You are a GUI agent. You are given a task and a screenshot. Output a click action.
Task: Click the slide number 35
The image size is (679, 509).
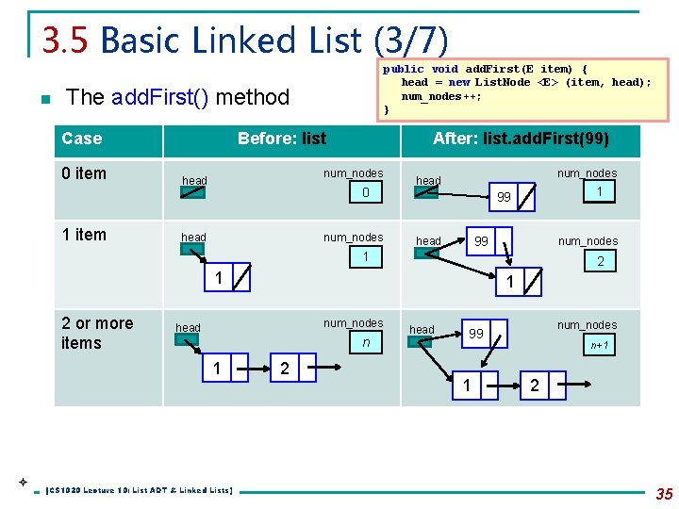point(663,492)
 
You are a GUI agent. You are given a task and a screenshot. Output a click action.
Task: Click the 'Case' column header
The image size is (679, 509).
point(82,139)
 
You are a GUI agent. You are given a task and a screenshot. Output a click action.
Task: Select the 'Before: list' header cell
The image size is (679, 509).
point(281,139)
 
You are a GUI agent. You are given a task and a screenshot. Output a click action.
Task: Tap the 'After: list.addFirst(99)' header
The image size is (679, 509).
point(521,139)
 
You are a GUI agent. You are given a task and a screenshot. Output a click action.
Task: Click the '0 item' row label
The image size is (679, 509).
point(84,173)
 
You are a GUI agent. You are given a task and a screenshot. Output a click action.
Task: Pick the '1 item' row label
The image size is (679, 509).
point(84,235)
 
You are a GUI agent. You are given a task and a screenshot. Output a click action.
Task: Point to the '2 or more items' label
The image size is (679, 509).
point(97,333)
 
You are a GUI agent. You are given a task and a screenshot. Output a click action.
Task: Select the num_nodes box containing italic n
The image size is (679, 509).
point(366,343)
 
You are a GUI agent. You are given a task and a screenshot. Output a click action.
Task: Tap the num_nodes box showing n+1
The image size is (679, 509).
point(600,345)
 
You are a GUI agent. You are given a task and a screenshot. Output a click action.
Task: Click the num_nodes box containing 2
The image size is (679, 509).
point(600,261)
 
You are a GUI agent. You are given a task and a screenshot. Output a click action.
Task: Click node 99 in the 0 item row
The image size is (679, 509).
point(504,197)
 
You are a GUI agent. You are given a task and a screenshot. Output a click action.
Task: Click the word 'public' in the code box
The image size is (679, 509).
point(403,69)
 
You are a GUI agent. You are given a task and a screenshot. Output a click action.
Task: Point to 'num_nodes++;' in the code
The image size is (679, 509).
point(441,96)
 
